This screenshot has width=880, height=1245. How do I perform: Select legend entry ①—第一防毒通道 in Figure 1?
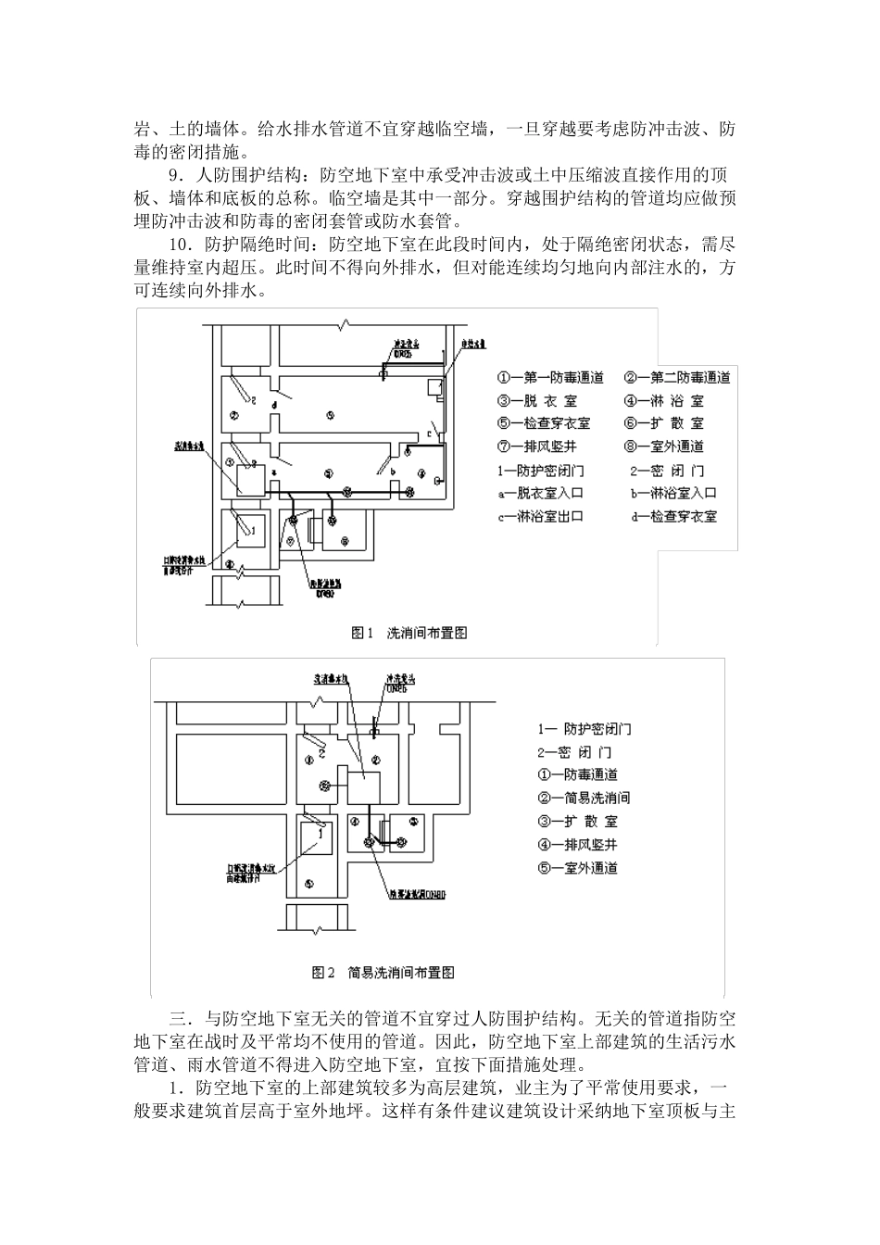tap(550, 377)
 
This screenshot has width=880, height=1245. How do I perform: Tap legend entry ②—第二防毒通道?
tap(677, 377)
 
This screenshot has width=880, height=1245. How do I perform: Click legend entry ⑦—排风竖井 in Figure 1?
tap(543, 446)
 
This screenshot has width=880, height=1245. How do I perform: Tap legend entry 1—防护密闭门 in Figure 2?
tap(585, 729)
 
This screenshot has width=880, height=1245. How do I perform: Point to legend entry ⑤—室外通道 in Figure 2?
tap(576, 868)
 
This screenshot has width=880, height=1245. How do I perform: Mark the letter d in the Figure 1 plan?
tap(274, 406)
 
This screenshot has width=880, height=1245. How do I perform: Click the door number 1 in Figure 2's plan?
tap(319, 832)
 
